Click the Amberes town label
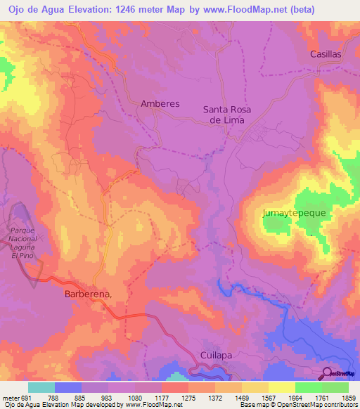160,103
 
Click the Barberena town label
88,295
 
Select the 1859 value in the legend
346,398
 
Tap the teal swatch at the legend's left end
41,387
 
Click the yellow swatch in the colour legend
281,387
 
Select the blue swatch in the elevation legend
68,387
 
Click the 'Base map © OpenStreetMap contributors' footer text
297,405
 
